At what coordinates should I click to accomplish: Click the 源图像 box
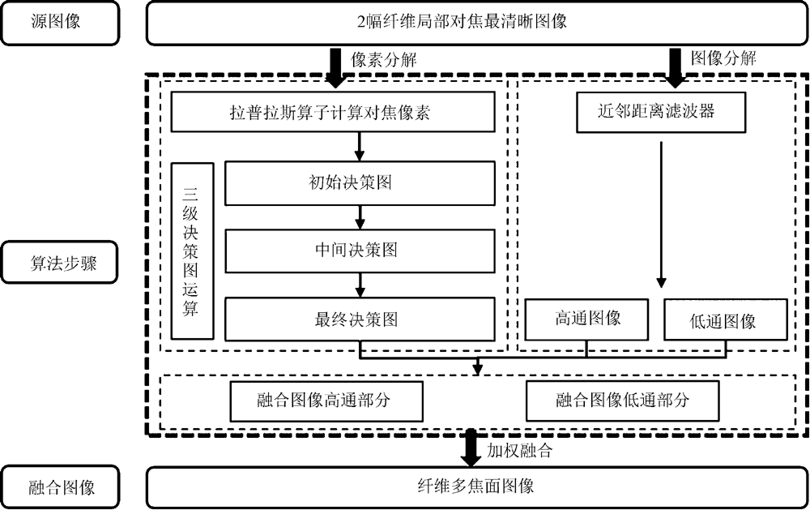61,22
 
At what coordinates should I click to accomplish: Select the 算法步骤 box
61,263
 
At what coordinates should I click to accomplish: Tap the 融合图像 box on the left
61,487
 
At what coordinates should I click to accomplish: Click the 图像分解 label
723,58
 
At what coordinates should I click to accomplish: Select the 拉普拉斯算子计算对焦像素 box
333,113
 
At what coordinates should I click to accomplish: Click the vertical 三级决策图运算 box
192,251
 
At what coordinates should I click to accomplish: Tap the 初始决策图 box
359,183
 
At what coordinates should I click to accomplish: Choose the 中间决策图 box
359,251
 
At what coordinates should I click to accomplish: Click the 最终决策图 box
359,319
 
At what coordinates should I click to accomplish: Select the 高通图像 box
587,319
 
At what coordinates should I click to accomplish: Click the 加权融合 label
519,452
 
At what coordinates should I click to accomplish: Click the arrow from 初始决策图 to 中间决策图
360,216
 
